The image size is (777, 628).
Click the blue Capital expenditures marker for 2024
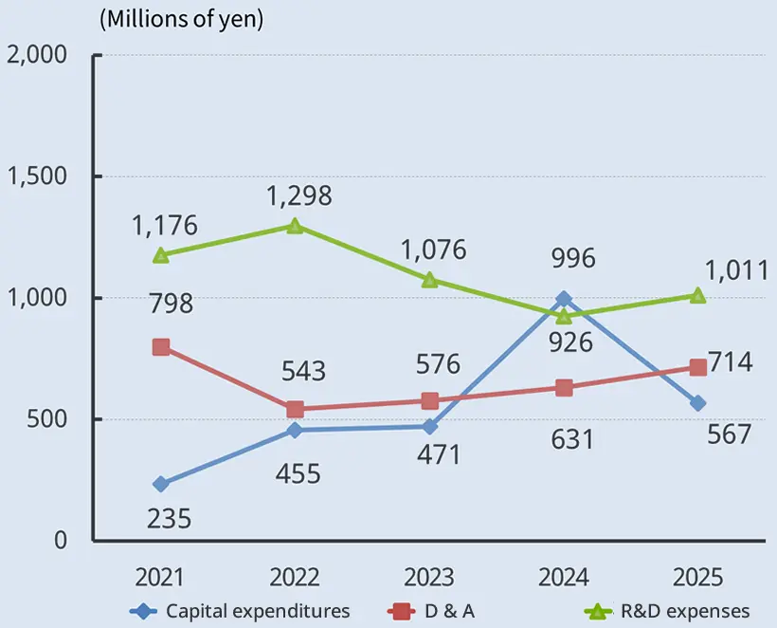(x=564, y=299)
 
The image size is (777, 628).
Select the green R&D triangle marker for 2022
(x=295, y=226)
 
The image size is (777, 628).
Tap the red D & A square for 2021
(x=161, y=347)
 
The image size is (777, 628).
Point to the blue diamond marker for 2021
(x=161, y=484)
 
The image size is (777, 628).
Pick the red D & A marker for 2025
(x=697, y=367)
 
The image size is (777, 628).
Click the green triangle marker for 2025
(x=697, y=295)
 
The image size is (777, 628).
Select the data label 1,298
(x=298, y=196)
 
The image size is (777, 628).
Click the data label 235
(x=170, y=519)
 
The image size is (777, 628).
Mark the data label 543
(x=298, y=371)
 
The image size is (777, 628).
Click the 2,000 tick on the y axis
(x=37, y=55)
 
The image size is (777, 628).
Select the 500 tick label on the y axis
(x=48, y=419)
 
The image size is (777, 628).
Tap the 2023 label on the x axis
(x=428, y=578)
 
